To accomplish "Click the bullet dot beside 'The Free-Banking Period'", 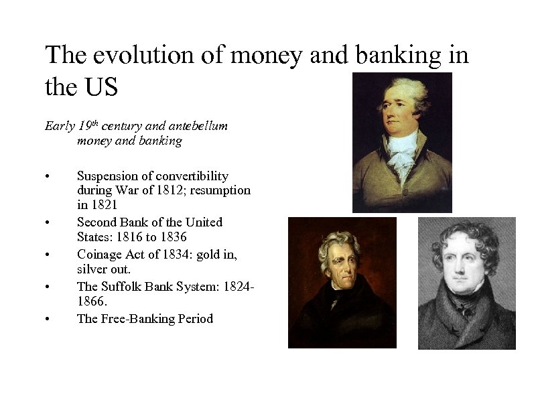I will tap(48, 320).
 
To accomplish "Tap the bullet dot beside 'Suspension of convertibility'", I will tap(48, 177).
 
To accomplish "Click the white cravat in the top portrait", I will tap(401, 151).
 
